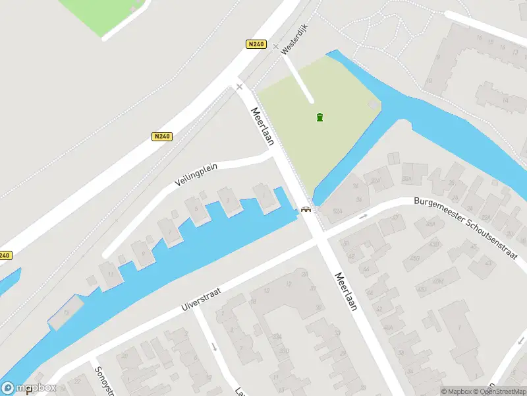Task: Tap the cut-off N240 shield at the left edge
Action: tap(5, 255)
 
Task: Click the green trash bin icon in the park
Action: tap(319, 117)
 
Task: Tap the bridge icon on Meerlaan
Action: tap(306, 210)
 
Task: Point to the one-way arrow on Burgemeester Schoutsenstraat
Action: tap(362, 216)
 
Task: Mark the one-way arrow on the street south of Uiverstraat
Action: tap(213, 346)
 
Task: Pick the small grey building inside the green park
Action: tap(374, 106)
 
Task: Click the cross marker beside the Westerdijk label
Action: tap(275, 46)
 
